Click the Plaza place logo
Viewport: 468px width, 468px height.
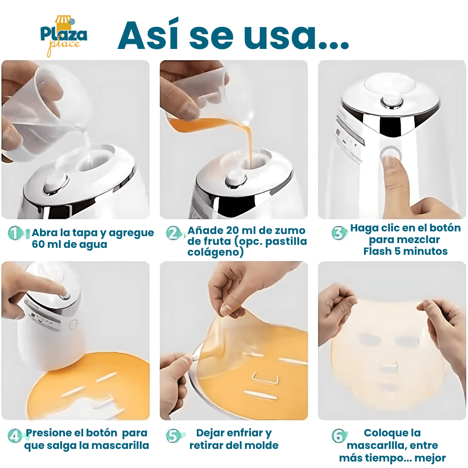pyautogui.click(x=64, y=36)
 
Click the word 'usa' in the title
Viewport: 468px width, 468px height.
pyautogui.click(x=279, y=36)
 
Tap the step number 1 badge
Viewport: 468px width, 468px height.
pyautogui.click(x=15, y=233)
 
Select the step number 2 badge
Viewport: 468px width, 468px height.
pyautogui.click(x=173, y=233)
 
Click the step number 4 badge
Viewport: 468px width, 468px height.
pyautogui.click(x=15, y=436)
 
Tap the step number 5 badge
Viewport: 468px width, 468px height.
pyautogui.click(x=173, y=436)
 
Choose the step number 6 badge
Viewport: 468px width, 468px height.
pyautogui.click(x=339, y=436)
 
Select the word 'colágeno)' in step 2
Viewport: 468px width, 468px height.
pyautogui.click(x=215, y=252)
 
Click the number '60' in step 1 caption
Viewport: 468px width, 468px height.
pyautogui.click(x=38, y=244)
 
